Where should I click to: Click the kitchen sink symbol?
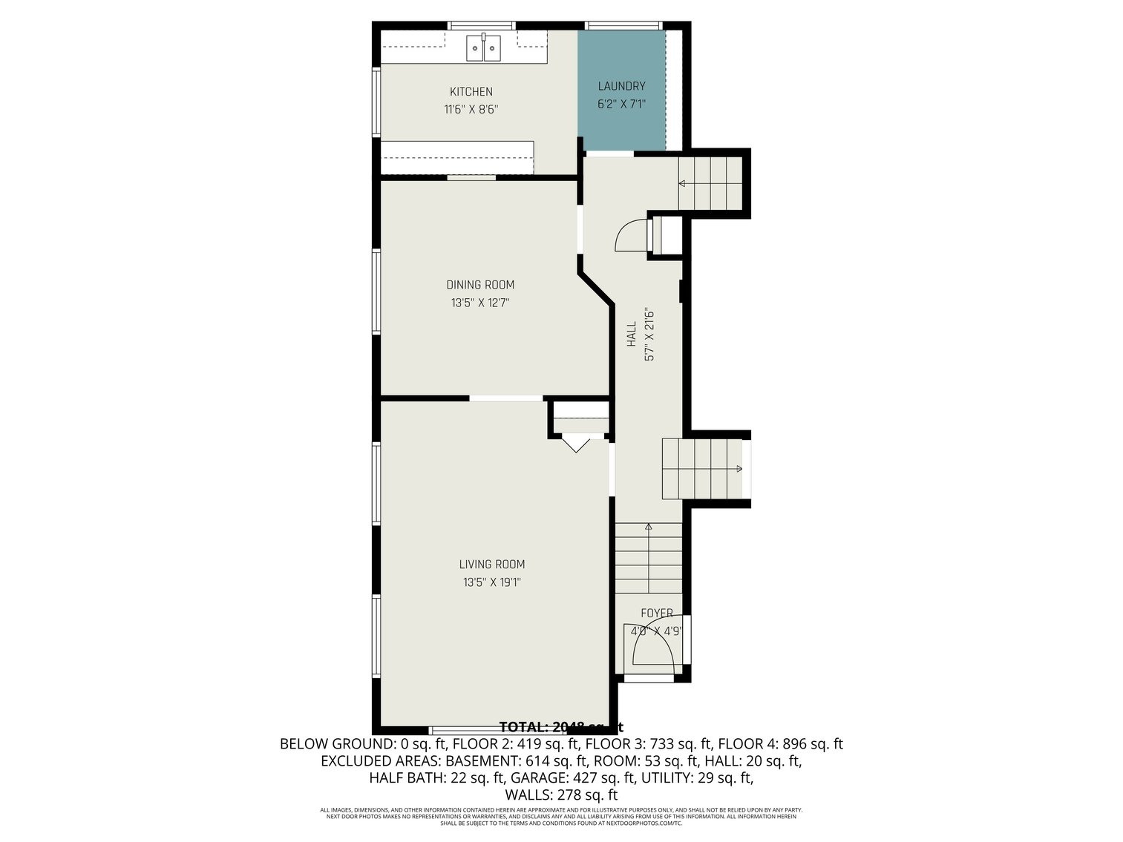click(x=484, y=48)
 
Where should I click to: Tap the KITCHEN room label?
click(x=471, y=92)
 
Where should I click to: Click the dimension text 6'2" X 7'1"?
click(x=621, y=105)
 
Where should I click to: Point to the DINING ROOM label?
click(x=480, y=285)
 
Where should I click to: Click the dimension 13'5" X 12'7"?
click(x=480, y=303)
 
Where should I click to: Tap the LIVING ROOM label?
click(x=491, y=565)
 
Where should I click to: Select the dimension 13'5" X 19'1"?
click(x=491, y=583)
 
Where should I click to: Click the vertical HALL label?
click(x=632, y=334)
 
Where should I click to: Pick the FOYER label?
click(x=657, y=614)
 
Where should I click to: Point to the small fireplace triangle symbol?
click(x=574, y=445)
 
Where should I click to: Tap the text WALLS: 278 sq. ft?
click(x=561, y=795)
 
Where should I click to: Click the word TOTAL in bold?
click(x=524, y=727)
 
